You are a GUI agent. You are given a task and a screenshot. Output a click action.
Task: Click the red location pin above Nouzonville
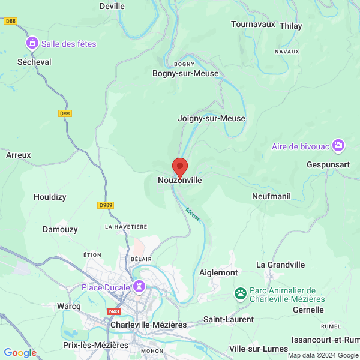(179, 167)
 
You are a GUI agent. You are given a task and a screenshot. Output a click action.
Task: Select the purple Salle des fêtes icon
(31, 43)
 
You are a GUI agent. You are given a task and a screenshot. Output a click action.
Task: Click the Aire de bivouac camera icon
(339, 146)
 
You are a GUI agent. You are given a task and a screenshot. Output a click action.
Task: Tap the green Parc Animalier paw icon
(241, 294)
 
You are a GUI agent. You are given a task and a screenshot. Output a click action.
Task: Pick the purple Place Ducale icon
(139, 287)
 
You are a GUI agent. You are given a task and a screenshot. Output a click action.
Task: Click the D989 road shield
(106, 205)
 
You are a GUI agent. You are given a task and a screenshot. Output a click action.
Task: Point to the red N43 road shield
(114, 312)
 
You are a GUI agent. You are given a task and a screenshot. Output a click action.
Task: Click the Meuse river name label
(193, 214)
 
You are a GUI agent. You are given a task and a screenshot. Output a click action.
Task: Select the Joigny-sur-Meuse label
(211, 118)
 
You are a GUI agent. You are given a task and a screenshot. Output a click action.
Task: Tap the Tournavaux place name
(253, 25)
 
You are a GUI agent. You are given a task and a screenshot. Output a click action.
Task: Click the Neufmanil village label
(271, 196)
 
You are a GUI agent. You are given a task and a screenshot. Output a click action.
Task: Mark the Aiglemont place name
(218, 272)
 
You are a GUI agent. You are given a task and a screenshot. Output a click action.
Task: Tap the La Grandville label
(280, 265)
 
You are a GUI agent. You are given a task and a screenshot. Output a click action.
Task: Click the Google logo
(20, 353)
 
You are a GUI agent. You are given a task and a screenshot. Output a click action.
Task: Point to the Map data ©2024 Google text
(322, 355)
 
